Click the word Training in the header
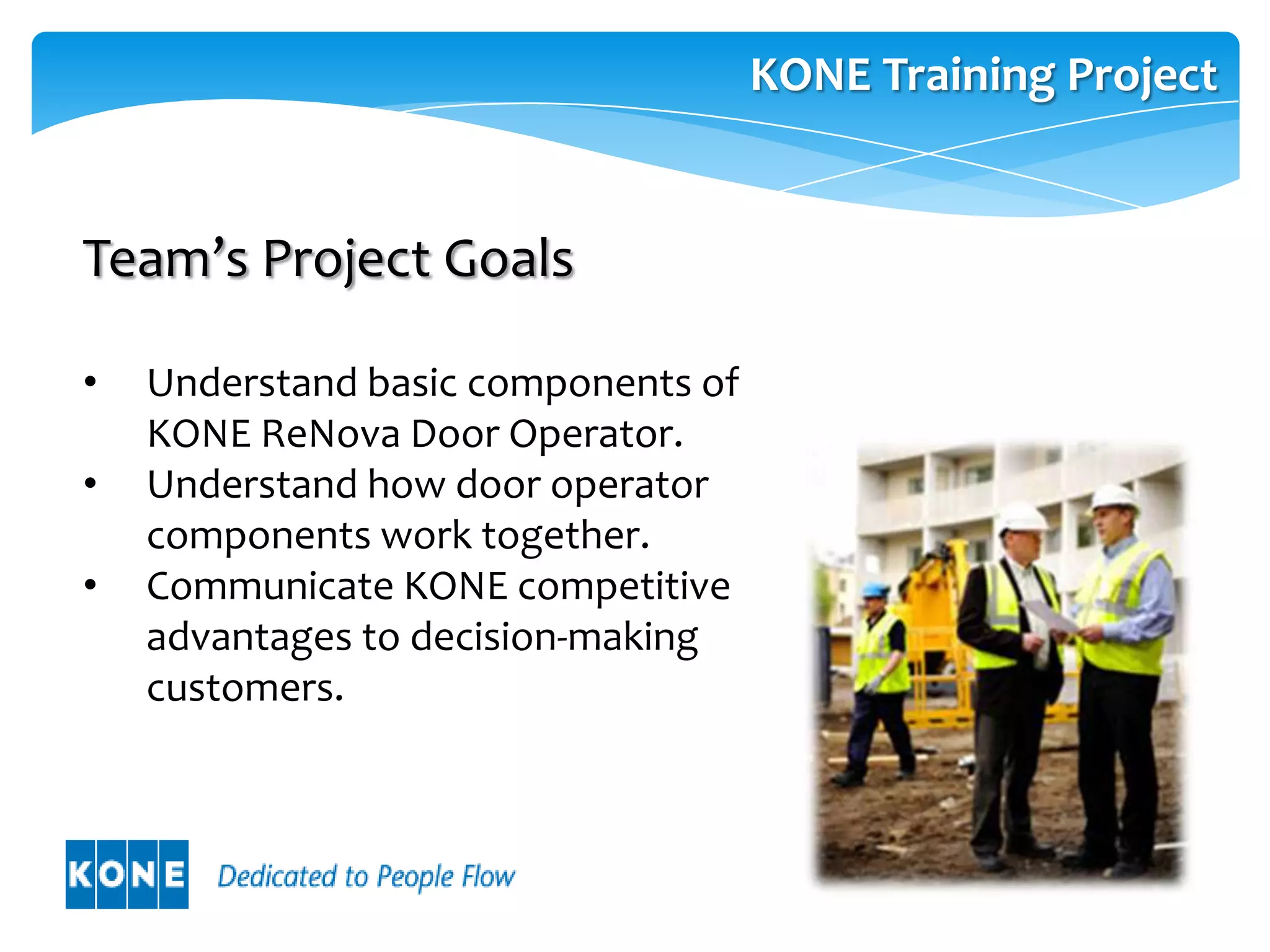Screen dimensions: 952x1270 968,76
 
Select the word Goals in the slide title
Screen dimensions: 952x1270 508,258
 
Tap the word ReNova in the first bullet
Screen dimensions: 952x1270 331,433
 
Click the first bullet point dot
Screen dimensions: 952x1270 91,382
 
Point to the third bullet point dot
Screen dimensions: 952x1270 91,585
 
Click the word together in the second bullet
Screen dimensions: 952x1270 565,535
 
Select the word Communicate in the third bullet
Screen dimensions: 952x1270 270,586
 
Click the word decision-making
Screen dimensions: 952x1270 554,637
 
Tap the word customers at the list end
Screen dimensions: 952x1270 244,688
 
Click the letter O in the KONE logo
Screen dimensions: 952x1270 112,875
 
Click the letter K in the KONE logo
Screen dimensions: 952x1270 81,875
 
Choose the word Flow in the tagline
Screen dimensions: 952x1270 488,876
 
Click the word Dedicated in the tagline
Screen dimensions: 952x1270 277,876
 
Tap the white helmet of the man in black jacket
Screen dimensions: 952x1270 1021,516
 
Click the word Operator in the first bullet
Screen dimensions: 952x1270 595,434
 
